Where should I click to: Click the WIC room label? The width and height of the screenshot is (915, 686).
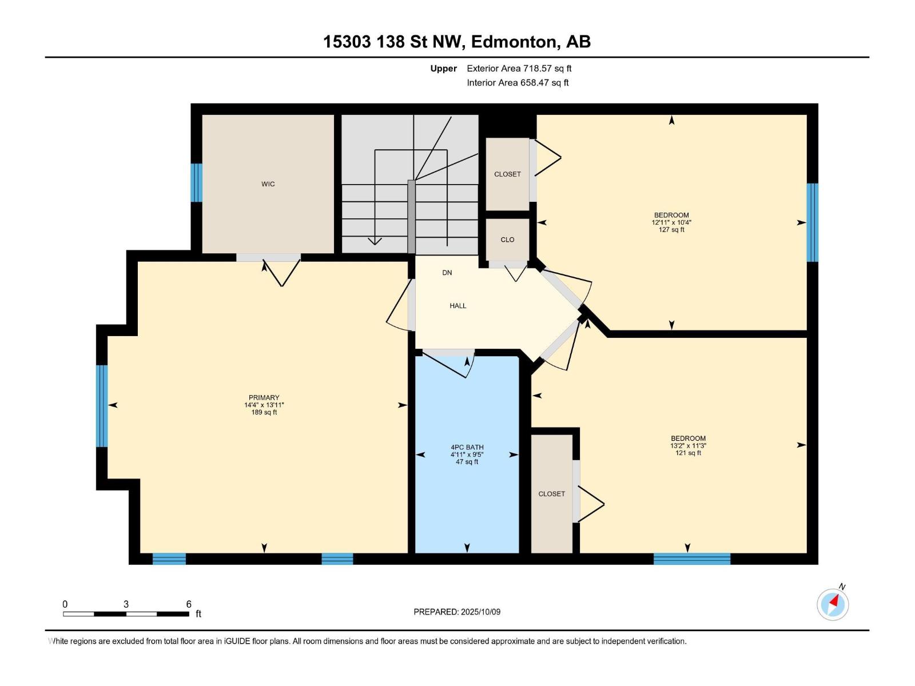click(268, 184)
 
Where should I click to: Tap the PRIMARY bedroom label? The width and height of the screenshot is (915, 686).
click(264, 398)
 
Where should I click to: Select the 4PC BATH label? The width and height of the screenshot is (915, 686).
click(467, 448)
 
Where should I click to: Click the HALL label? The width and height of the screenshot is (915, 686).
click(457, 306)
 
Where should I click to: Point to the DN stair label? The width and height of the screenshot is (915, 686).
click(447, 273)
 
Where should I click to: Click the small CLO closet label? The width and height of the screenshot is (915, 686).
click(507, 240)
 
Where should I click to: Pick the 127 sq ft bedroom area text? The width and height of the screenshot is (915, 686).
click(671, 230)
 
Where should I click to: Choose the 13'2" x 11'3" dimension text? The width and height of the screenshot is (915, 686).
click(688, 446)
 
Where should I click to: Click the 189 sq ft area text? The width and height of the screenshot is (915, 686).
click(264, 412)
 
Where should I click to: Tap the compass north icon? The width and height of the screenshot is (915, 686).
click(833, 604)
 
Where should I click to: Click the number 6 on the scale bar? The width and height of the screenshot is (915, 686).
click(189, 604)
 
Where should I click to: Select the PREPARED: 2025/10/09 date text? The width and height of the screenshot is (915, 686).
click(457, 612)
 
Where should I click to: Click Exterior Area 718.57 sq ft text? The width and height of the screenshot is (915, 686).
click(519, 69)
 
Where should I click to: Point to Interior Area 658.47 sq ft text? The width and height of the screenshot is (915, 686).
click(518, 83)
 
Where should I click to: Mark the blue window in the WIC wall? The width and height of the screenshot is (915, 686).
click(196, 183)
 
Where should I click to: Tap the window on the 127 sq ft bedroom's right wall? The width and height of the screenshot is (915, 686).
click(812, 222)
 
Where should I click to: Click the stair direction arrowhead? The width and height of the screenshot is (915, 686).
click(375, 241)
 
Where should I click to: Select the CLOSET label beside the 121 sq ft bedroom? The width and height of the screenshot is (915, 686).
click(551, 494)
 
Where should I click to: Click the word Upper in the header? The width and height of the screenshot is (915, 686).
click(443, 69)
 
